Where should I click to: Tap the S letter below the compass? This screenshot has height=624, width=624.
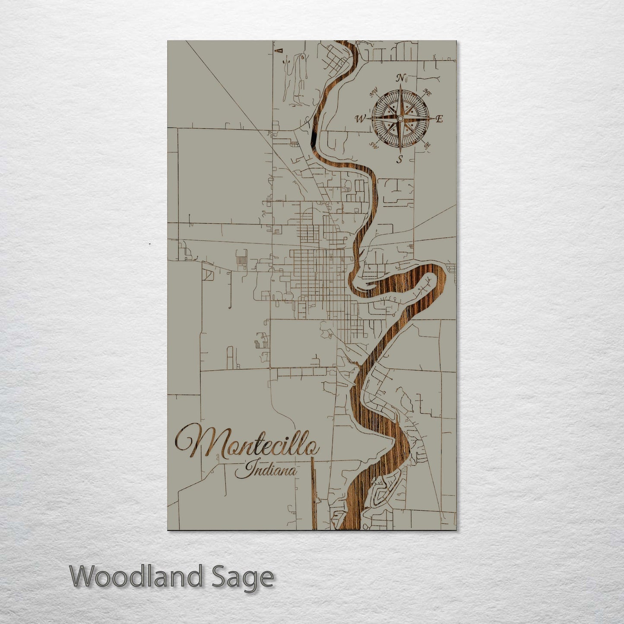coord(400,159)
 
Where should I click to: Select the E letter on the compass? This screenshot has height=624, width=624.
coord(439,119)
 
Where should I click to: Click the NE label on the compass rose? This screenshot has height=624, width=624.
coord(428,92)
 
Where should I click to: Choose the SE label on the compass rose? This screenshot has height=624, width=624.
coord(427,146)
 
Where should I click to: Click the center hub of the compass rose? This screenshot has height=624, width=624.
coord(400,118)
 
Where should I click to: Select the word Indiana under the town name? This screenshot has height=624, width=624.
coord(266,470)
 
